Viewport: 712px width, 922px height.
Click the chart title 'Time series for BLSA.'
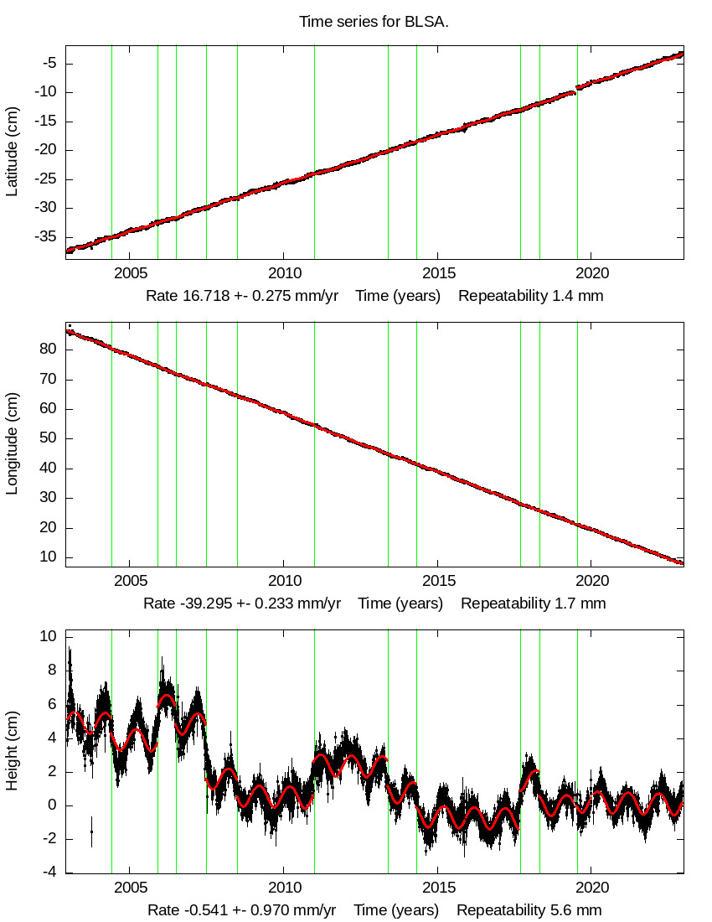click(374, 22)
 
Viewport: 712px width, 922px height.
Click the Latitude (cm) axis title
click(12, 152)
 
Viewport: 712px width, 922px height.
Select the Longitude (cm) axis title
click(12, 445)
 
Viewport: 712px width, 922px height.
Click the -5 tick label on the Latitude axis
click(49, 63)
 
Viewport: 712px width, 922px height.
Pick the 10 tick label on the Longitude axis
click(48, 557)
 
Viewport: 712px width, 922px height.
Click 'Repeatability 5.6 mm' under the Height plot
click(529, 910)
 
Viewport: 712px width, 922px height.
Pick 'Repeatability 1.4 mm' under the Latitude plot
click(530, 296)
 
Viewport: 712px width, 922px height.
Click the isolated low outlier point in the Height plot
click(91, 831)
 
